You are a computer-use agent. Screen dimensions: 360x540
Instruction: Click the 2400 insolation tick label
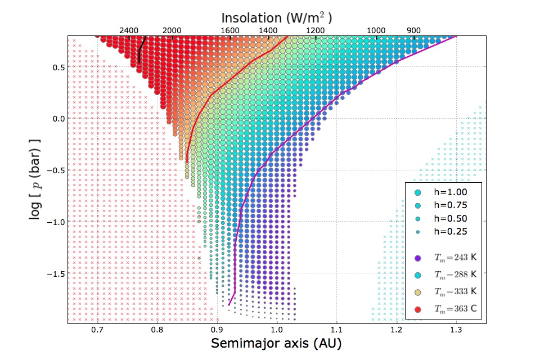click(129, 30)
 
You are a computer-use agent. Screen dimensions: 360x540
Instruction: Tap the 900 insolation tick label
click(414, 30)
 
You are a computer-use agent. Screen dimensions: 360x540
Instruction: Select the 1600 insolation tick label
click(230, 30)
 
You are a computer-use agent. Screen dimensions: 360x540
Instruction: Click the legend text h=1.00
click(450, 192)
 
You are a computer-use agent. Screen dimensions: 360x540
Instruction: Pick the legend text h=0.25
click(450, 231)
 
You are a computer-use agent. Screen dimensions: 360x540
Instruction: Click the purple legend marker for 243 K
click(417, 258)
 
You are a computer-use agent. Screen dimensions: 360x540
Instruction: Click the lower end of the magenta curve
click(229, 305)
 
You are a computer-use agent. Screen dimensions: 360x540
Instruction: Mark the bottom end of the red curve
click(186, 162)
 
